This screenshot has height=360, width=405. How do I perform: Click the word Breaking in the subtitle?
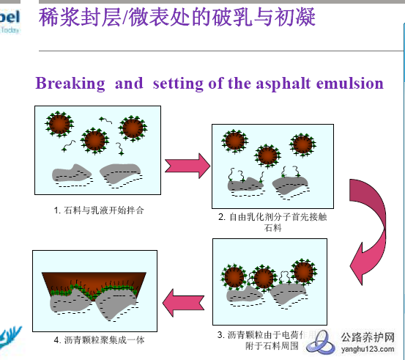click(70, 83)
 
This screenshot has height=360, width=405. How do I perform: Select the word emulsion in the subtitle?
click(350, 83)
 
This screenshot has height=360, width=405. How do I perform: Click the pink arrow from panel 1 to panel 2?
click(187, 165)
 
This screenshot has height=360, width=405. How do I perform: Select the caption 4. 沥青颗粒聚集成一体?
click(95, 339)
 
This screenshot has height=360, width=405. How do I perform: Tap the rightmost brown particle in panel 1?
click(133, 128)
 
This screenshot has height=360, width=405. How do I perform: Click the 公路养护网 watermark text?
click(372, 338)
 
